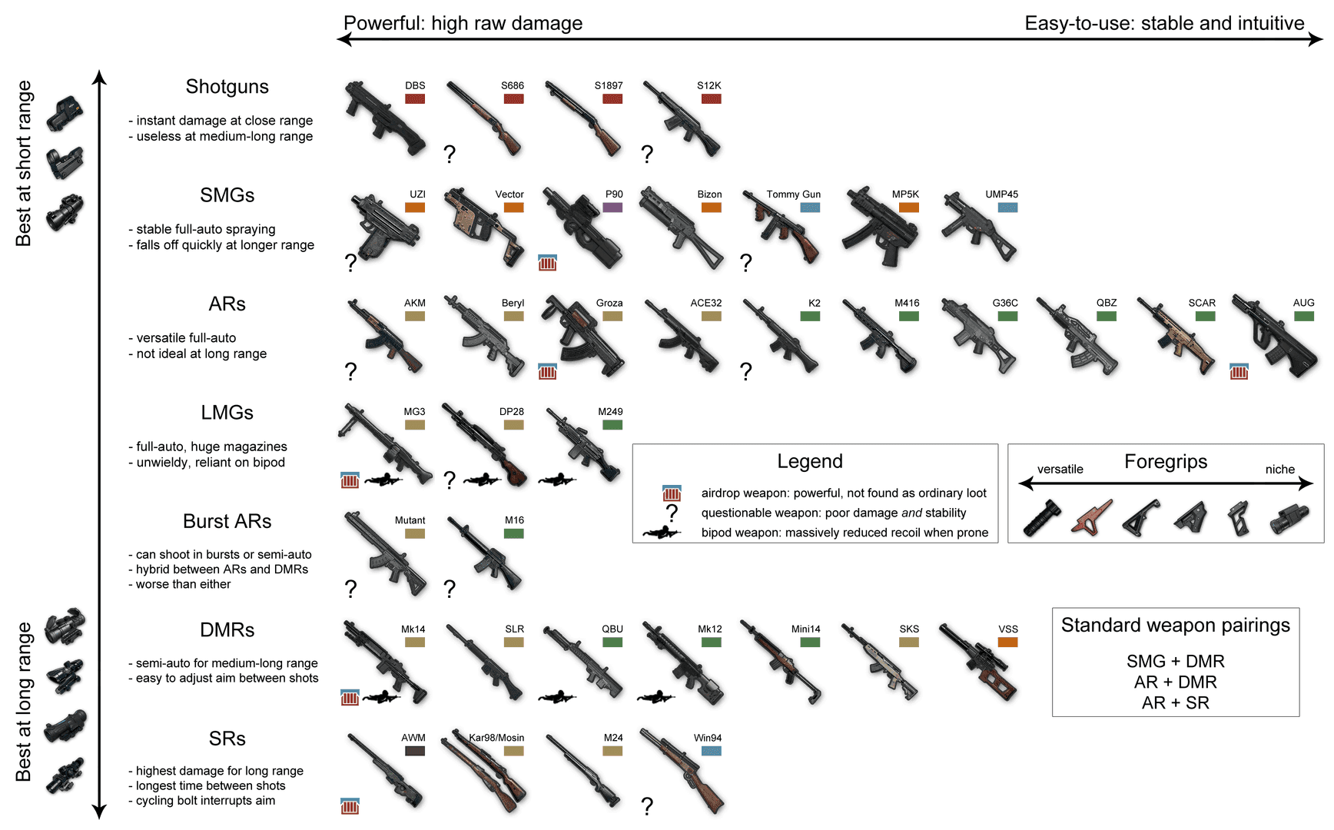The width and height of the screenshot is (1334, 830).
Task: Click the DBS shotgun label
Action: click(x=415, y=85)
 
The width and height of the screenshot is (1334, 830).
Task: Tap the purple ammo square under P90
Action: click(x=612, y=207)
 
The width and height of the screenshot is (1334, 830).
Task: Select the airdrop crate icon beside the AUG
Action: click(x=1239, y=372)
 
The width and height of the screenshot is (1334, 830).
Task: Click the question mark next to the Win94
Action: click(x=647, y=806)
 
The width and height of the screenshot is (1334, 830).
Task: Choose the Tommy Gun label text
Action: click(x=793, y=194)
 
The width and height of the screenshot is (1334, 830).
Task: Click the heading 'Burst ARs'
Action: click(x=227, y=521)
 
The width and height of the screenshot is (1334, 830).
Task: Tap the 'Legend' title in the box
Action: click(x=809, y=461)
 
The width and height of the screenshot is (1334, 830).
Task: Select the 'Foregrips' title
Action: click(x=1165, y=461)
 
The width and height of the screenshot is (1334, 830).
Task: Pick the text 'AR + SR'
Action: click(x=1175, y=702)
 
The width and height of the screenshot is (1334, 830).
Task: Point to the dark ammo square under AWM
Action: click(x=415, y=751)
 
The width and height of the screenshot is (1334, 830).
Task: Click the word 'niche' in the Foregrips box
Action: click(x=1279, y=470)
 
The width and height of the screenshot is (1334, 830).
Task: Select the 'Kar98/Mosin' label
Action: click(x=496, y=738)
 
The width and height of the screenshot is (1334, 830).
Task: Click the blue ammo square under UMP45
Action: click(x=1007, y=207)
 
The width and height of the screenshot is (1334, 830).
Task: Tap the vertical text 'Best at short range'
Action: click(x=24, y=163)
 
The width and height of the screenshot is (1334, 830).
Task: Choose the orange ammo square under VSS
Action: click(x=1007, y=642)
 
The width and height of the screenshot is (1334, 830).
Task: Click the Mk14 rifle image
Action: click(x=384, y=662)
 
